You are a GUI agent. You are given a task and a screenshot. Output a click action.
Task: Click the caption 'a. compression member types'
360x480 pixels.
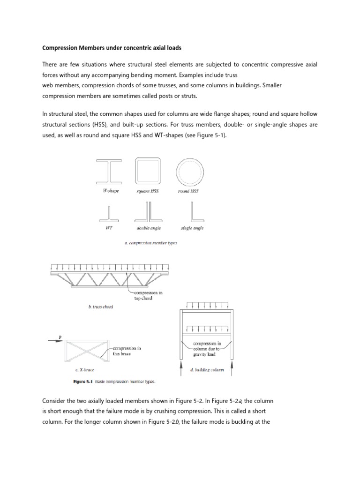tap(150, 243)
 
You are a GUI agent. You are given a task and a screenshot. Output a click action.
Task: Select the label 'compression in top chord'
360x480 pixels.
tap(147, 295)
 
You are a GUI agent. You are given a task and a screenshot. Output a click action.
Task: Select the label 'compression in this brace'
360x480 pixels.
tap(127, 351)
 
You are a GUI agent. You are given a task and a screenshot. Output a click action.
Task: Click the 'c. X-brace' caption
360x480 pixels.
tap(85, 370)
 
